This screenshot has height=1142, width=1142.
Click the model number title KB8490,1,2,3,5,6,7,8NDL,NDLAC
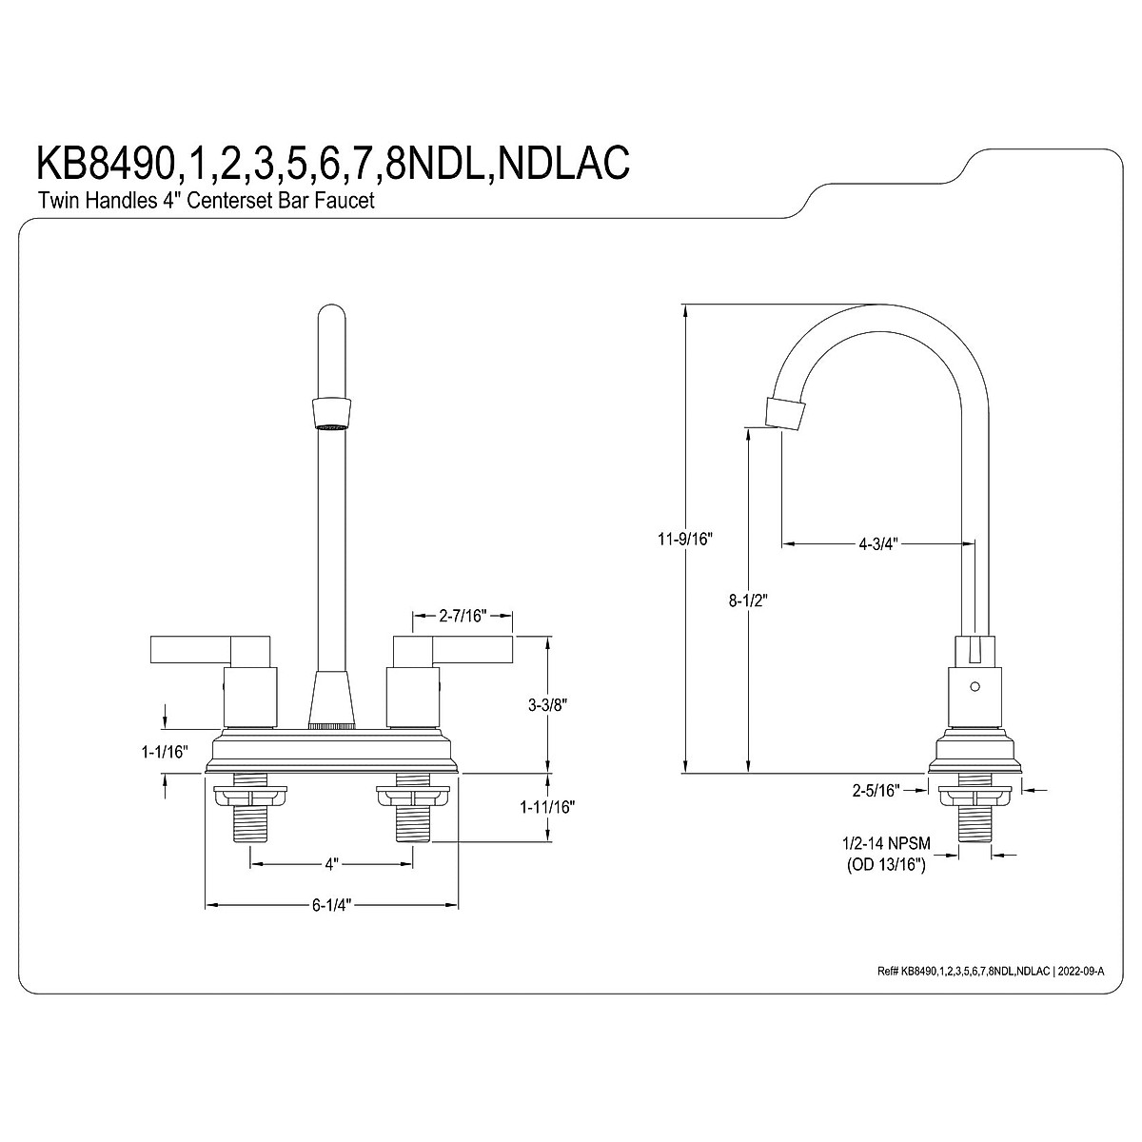tap(332, 163)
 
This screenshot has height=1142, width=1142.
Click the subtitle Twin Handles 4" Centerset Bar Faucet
tap(206, 201)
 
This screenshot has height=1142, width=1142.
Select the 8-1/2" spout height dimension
tap(748, 601)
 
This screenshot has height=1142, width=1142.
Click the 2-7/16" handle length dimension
tap(463, 616)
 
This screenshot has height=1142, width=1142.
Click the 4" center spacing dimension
tap(331, 865)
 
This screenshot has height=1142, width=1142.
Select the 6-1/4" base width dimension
tap(332, 905)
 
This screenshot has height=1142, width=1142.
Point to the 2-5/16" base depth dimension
tap(877, 789)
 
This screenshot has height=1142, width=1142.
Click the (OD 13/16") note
tap(886, 865)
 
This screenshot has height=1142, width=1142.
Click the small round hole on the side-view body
tap(973, 686)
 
